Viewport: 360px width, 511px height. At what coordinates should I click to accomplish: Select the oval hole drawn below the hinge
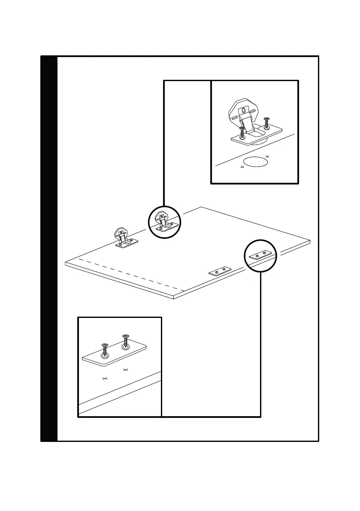pos(255,162)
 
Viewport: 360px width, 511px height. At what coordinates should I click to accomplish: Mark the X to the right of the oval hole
pos(267,156)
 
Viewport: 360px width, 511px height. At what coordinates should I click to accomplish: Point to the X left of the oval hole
pos(242,167)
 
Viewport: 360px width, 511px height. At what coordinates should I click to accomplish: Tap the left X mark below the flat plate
pos(104,378)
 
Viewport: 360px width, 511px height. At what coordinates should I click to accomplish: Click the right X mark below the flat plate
pos(125,369)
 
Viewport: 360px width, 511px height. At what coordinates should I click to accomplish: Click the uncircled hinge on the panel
pos(123,239)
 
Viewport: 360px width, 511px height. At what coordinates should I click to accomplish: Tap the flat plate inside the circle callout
pos(260,255)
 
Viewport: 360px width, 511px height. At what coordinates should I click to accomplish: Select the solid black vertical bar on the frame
pos(49,248)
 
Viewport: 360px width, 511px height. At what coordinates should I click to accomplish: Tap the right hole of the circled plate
pos(264,254)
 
